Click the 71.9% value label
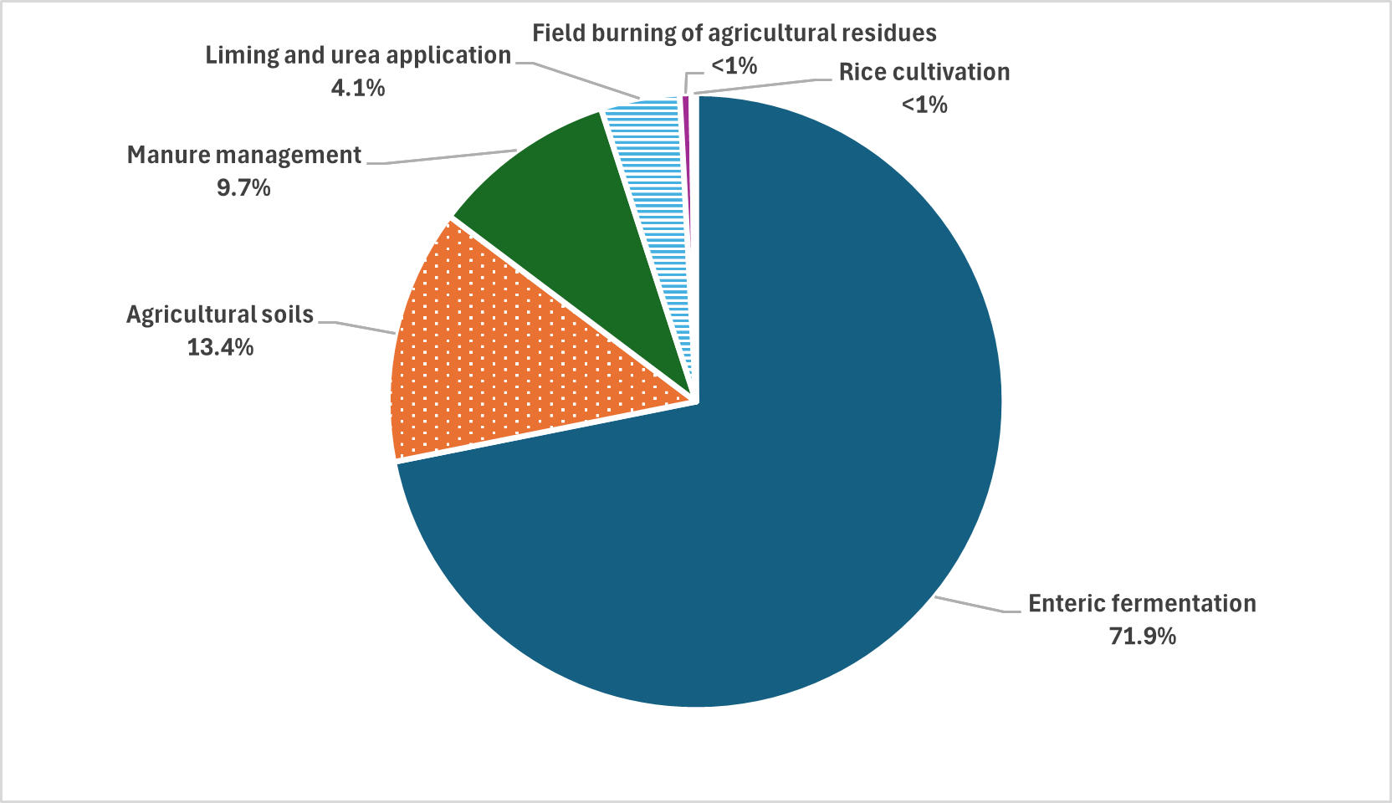pos(1142,637)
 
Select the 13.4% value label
pos(220,347)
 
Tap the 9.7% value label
pos(243,187)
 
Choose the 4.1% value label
pos(358,88)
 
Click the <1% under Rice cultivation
pos(924,105)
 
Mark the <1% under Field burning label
pos(734,65)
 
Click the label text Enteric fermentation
pos(1142,603)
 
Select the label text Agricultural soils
pos(220,315)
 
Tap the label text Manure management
pos(243,155)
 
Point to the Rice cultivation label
pos(924,72)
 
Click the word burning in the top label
pos(625,33)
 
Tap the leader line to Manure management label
pos(443,158)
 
